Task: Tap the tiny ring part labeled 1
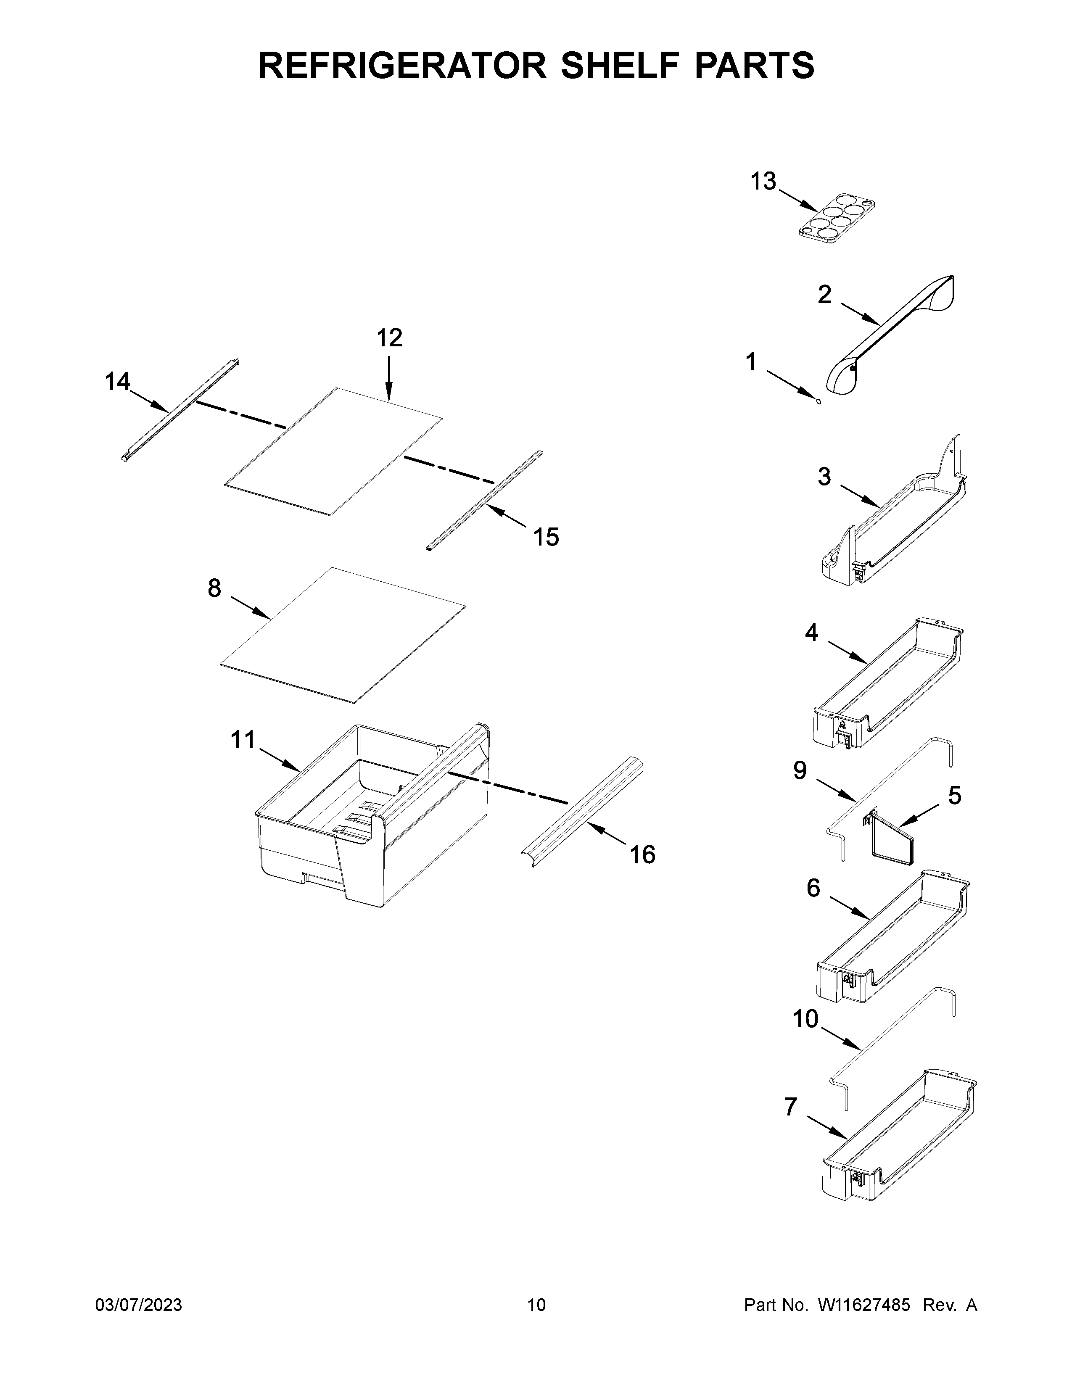[x=819, y=401]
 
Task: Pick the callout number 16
[x=642, y=855]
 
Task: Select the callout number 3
[x=824, y=476]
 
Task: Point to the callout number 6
[x=813, y=888]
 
